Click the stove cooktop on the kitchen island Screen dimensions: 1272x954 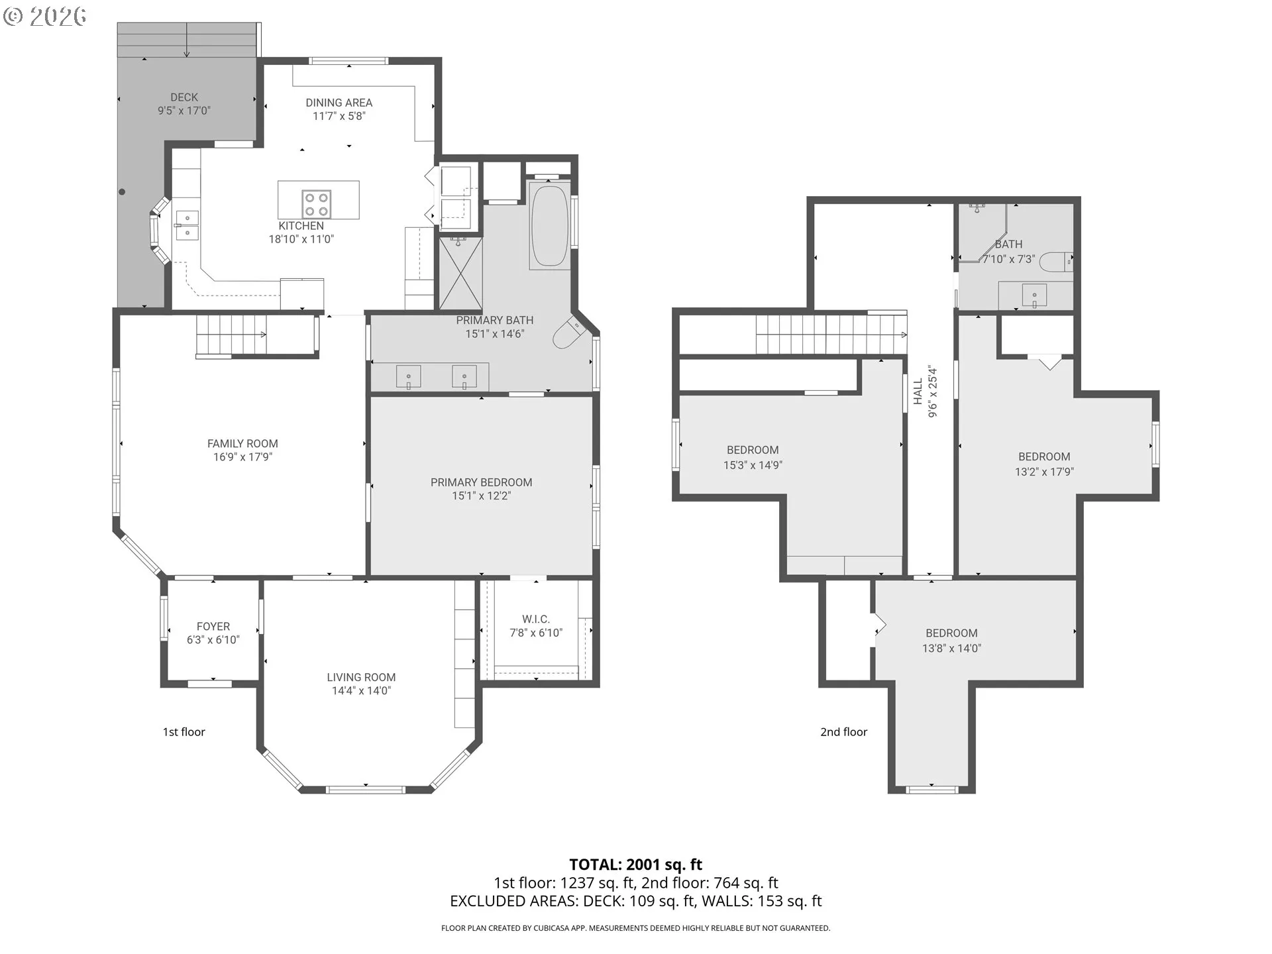point(316,203)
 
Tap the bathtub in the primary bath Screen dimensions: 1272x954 point(549,226)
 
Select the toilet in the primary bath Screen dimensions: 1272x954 point(567,332)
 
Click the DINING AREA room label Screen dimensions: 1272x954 point(339,103)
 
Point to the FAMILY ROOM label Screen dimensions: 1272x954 point(242,444)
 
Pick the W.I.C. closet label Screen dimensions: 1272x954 point(535,619)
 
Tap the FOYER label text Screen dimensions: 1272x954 point(213,627)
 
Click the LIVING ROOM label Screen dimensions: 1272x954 point(361,677)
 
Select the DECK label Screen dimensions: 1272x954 point(184,97)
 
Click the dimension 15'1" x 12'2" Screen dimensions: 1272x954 point(482,496)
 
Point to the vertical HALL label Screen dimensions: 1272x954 point(918,391)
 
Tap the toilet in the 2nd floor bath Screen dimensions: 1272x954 point(1056,262)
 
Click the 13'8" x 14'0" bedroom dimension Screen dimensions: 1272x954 point(951,649)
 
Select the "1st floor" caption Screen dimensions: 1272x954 point(184,732)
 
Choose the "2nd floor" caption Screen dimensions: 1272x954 point(843,732)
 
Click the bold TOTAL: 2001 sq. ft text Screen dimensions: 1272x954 point(635,865)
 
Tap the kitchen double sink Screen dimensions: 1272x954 point(187,225)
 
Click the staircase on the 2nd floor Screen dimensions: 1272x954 point(831,335)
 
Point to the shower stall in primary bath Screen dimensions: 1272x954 point(460,274)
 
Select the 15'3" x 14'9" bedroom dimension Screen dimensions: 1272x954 point(753,465)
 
